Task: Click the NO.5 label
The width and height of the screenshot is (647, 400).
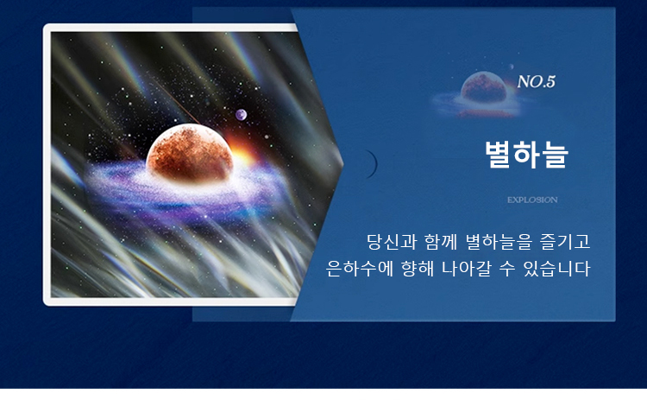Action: coord(537,82)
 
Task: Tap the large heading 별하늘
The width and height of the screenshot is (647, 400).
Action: coord(526,154)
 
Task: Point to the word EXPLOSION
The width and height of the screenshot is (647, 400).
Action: coord(532,200)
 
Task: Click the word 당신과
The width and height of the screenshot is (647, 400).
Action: coord(392,242)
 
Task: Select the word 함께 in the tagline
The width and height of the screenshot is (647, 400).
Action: coord(440,242)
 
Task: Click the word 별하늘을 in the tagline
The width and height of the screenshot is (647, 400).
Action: coord(499,242)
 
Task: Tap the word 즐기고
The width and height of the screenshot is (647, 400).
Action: coord(565,242)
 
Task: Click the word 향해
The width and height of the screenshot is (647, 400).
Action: coord(418,269)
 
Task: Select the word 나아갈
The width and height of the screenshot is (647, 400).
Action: coord(466,269)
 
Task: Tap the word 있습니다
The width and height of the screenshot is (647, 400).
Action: coord(556,269)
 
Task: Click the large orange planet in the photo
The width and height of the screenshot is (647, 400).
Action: coord(190,153)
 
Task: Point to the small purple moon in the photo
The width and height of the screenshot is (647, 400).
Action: coord(241,114)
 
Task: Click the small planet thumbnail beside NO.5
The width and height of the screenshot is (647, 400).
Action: coord(483,87)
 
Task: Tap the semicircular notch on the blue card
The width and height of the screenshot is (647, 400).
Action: coord(371,164)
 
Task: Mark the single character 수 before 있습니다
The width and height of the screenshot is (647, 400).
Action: coord(507,269)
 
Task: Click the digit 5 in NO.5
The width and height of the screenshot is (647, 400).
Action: coord(551,82)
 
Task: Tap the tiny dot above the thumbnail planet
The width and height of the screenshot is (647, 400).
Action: coord(512,67)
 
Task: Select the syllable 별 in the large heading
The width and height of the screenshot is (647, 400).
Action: coord(498,154)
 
